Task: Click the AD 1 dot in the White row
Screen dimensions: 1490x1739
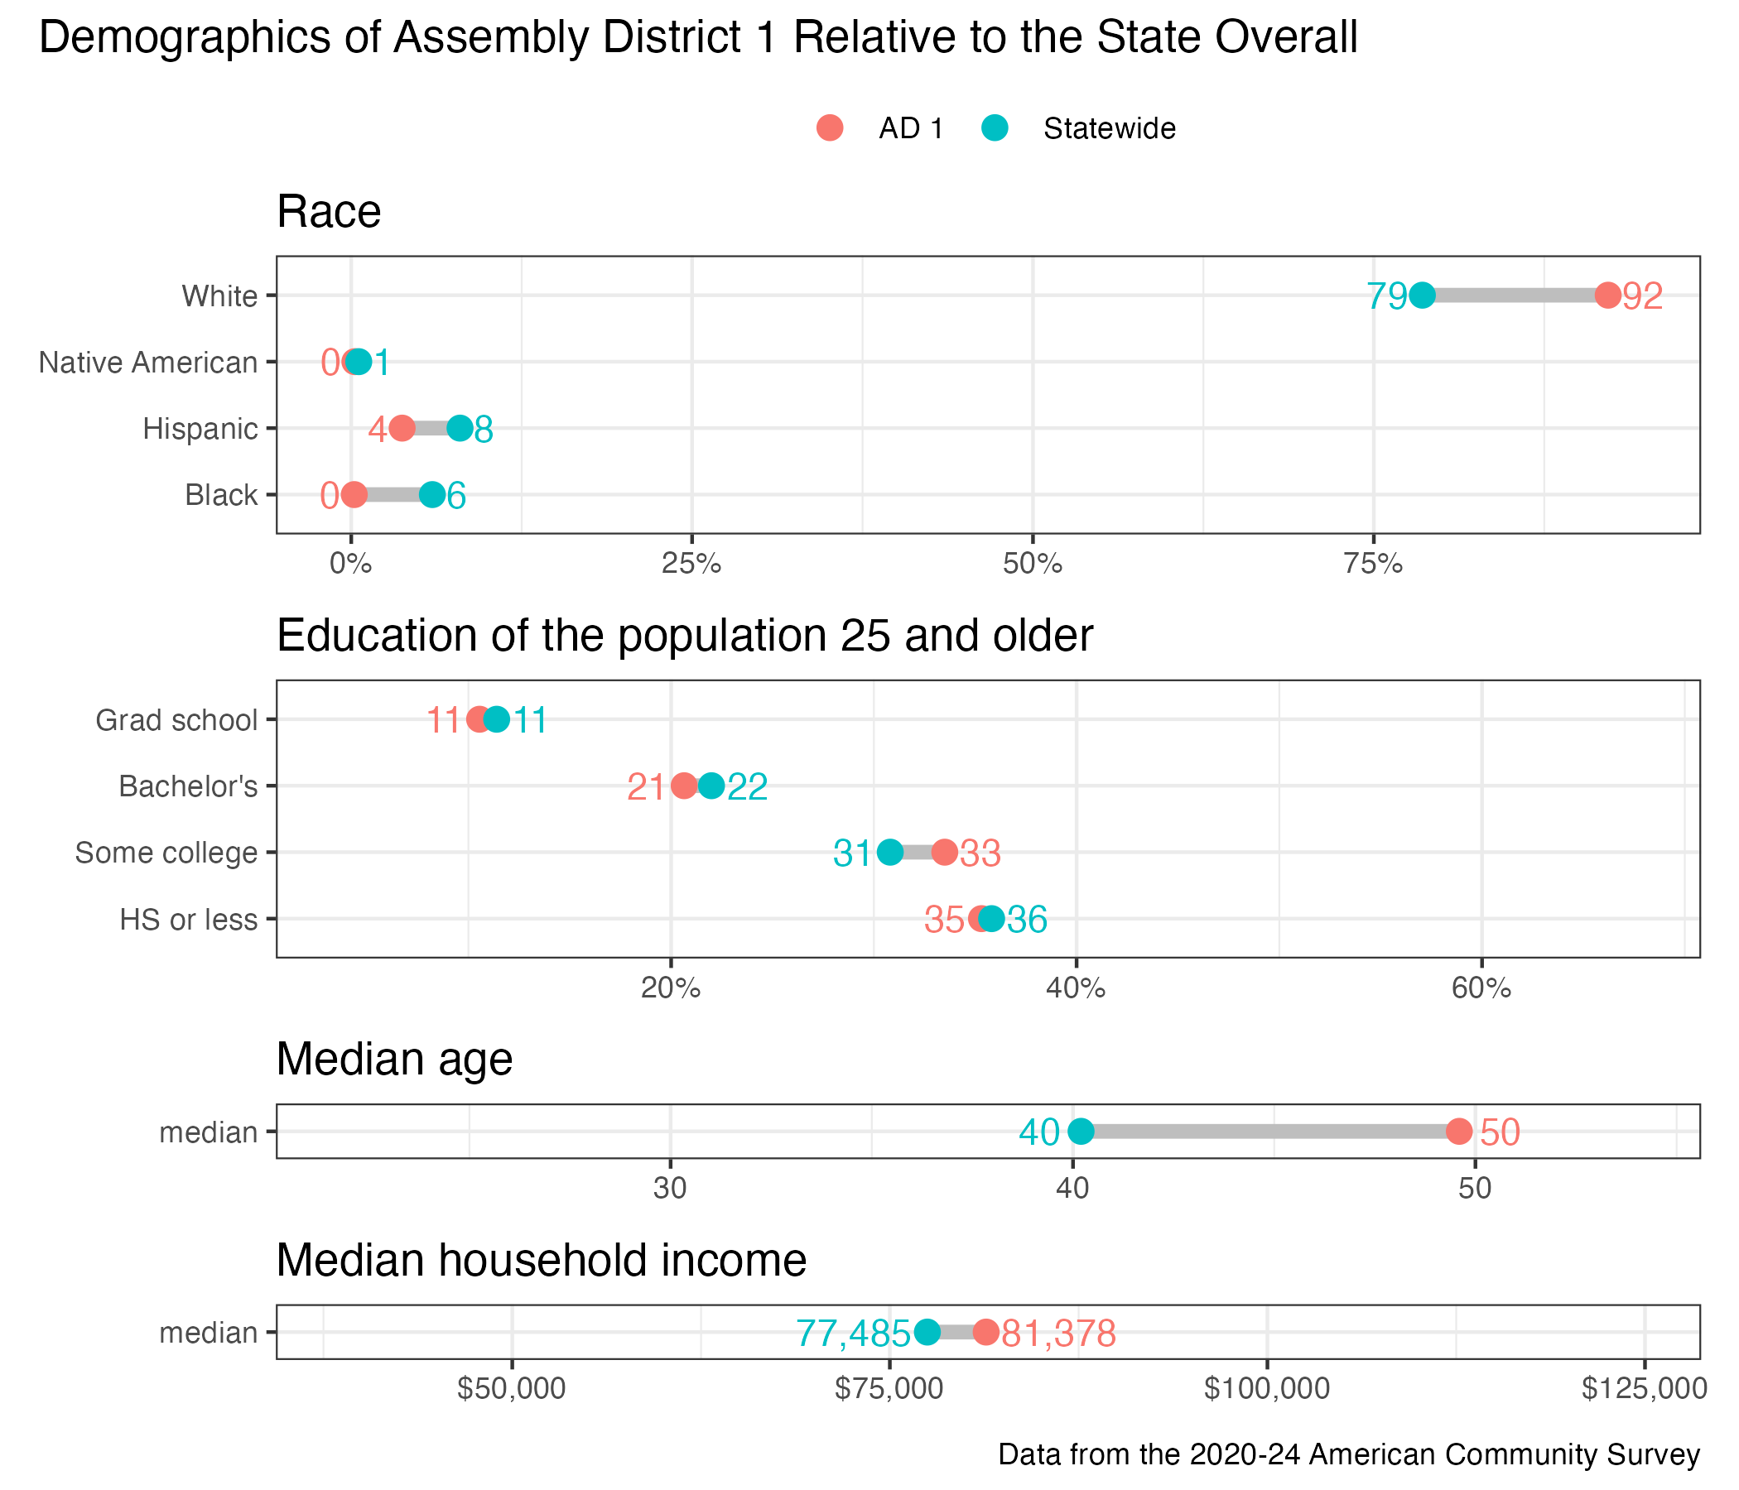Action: point(1607,296)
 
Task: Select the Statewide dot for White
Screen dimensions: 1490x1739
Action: point(1422,296)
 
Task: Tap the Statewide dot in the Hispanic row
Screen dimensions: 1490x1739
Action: point(460,428)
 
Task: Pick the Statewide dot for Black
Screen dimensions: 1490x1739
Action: point(432,494)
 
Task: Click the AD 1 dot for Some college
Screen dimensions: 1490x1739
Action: point(944,853)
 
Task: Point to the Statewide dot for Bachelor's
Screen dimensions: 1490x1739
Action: point(711,786)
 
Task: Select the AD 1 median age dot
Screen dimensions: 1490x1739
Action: point(1459,1131)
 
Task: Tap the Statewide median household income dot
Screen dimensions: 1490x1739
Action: point(927,1331)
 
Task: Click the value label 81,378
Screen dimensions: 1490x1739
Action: point(1058,1333)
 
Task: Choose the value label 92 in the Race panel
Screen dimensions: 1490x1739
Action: point(1642,297)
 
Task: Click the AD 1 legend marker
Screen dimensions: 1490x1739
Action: point(829,128)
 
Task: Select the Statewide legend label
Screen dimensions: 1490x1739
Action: point(1109,128)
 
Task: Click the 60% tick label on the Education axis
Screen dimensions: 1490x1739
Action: point(1481,988)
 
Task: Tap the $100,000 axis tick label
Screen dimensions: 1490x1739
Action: point(1266,1388)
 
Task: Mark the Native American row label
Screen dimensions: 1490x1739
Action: point(148,363)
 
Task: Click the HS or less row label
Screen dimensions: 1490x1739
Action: point(188,920)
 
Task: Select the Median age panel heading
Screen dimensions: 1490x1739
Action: point(394,1059)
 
